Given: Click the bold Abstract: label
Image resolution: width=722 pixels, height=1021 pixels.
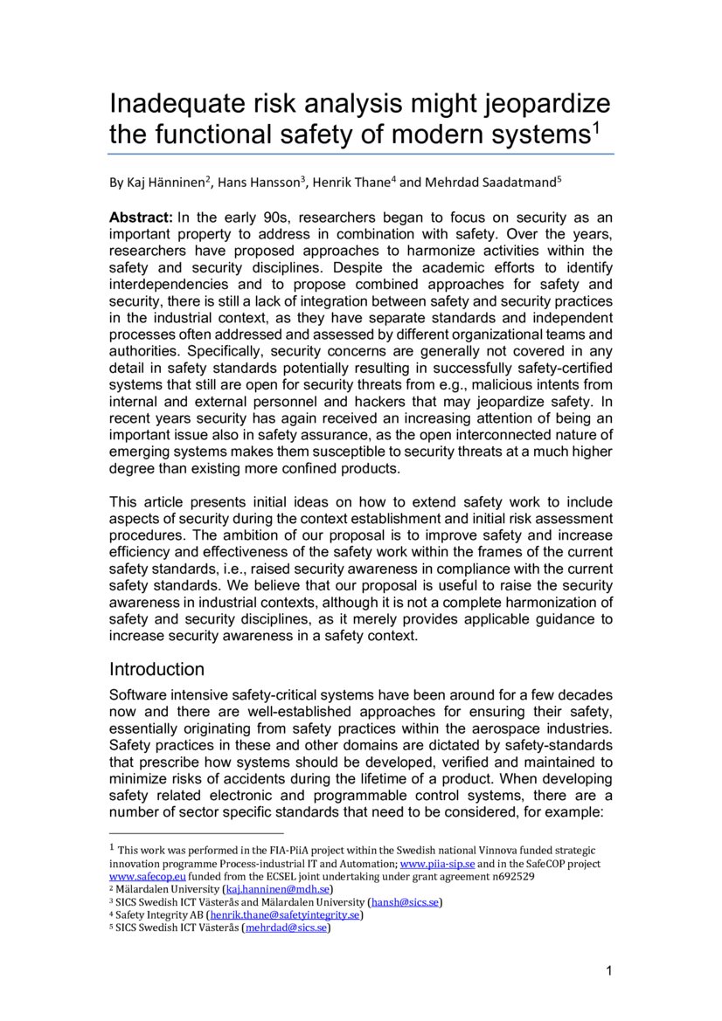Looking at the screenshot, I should click(x=140, y=217).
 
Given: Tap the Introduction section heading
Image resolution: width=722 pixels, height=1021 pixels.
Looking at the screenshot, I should click(x=156, y=670).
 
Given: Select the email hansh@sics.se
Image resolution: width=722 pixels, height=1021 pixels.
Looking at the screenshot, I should click(x=405, y=902).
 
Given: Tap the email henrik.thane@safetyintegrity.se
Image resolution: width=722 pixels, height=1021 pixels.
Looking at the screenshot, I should click(x=284, y=915).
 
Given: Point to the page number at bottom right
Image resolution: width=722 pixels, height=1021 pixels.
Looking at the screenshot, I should click(x=608, y=971).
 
